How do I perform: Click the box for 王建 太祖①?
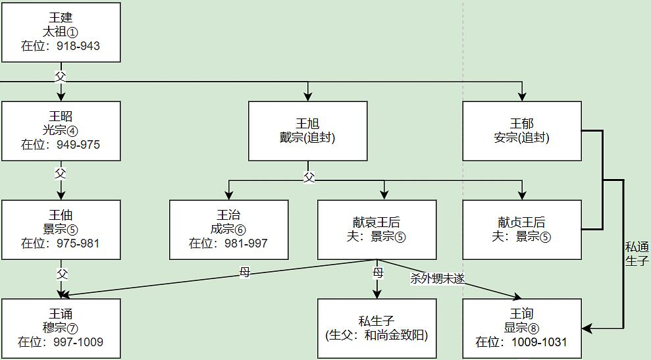61,32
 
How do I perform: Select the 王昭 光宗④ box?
61,131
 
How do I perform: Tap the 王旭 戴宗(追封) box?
307,131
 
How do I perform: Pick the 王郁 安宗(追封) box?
522,131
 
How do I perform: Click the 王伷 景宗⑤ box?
61,230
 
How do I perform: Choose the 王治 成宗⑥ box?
228,230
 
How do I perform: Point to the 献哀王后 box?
377,230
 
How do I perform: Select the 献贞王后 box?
522,230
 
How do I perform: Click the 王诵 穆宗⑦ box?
61,328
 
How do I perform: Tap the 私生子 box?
377,328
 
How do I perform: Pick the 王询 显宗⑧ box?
522,328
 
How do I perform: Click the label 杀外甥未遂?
438,278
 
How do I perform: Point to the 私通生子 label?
637,253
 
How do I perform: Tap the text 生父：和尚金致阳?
377,335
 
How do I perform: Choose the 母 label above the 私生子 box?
377,272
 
